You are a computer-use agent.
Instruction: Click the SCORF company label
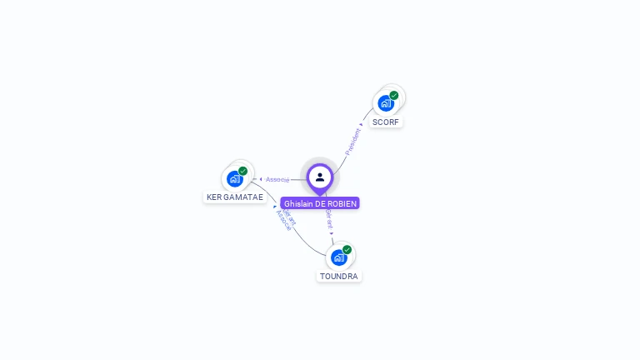[386, 122]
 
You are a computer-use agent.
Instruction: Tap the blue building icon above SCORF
[385, 103]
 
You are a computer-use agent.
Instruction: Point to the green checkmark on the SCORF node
[394, 95]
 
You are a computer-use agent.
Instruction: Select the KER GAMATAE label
[235, 197]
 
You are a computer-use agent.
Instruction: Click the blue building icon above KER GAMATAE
[234, 179]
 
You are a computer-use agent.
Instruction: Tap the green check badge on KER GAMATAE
[243, 171]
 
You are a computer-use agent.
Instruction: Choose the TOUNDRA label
[339, 276]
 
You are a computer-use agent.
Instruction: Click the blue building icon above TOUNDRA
[338, 257]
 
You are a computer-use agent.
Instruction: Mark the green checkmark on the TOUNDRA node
[347, 249]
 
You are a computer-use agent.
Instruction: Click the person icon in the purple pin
[320, 177]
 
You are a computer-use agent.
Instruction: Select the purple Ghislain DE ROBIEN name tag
[320, 203]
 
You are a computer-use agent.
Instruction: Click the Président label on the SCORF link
[352, 142]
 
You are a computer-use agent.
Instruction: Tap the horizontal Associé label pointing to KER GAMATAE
[277, 179]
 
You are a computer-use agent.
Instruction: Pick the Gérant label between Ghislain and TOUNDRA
[329, 219]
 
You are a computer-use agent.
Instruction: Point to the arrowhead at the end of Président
[361, 125]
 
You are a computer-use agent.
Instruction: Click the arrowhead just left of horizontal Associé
[261, 179]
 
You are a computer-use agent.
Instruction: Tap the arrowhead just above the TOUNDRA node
[332, 234]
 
